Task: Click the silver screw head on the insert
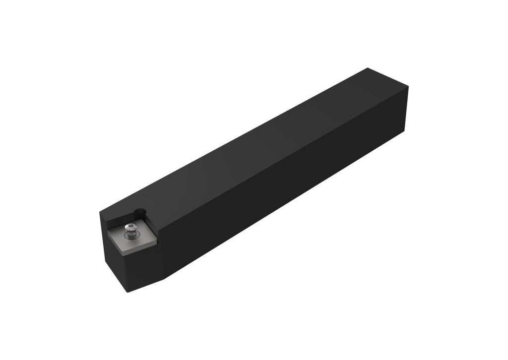(130, 228)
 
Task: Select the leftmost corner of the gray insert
(109, 229)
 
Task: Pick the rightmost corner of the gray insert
(157, 241)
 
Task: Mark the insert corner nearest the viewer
(123, 254)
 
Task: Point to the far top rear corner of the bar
(368, 68)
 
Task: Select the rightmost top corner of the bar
(408, 87)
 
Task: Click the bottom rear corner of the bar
(404, 130)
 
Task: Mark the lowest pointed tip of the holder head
(128, 292)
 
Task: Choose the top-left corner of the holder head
(100, 212)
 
